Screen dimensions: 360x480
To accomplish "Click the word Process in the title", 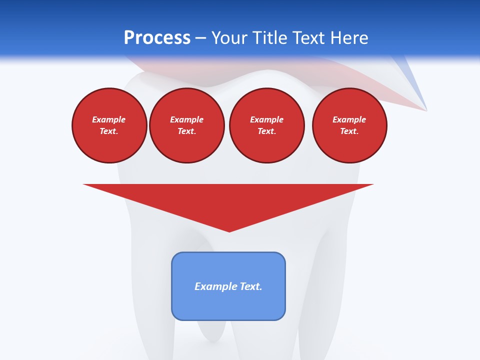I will coord(157,38).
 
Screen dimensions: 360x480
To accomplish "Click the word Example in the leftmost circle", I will coord(109,119).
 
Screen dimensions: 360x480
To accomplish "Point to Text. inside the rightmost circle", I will coord(349,131).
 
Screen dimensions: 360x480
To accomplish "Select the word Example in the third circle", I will coord(266,119).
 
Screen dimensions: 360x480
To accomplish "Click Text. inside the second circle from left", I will coord(186,131).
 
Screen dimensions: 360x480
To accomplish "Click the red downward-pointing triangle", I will coord(228,200).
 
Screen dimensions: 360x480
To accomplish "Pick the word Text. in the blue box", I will coord(251,286).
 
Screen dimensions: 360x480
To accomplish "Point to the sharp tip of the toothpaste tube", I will coord(426,109).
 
